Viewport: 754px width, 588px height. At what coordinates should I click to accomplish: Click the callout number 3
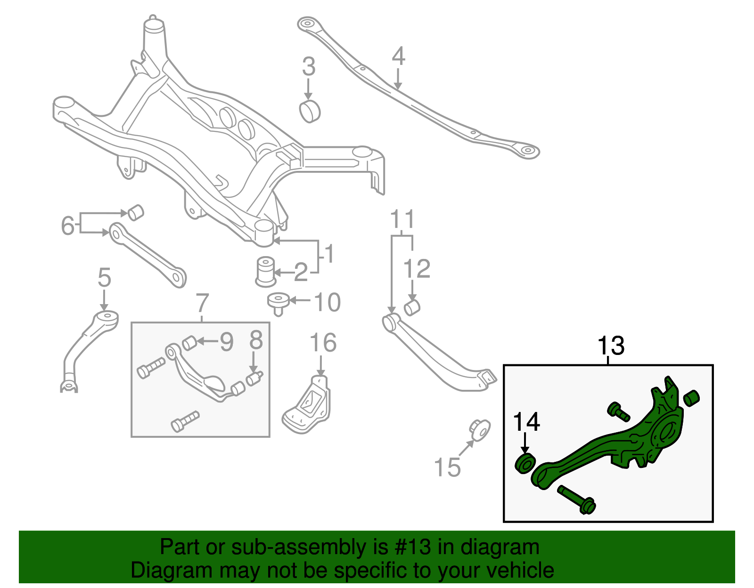(x=309, y=67)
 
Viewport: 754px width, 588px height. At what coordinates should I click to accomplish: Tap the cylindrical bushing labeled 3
(x=310, y=111)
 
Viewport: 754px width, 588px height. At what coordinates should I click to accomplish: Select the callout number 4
(x=398, y=56)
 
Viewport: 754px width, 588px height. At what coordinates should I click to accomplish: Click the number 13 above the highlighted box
(x=611, y=346)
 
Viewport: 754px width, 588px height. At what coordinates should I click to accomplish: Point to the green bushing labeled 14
(x=525, y=463)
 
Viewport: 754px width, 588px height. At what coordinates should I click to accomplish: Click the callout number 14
(x=526, y=422)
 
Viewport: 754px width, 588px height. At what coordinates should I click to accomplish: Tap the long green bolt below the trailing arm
(x=577, y=500)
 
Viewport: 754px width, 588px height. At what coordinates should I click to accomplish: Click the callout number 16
(x=323, y=343)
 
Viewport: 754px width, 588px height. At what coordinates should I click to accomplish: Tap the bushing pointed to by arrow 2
(x=266, y=272)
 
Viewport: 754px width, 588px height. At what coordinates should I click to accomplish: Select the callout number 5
(x=104, y=278)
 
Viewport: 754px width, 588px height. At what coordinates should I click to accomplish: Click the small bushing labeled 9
(x=189, y=343)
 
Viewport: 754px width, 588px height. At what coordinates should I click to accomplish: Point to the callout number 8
(x=256, y=340)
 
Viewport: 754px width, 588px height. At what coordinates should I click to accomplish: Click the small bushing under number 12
(x=412, y=308)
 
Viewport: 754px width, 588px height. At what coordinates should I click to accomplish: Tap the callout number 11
(x=402, y=220)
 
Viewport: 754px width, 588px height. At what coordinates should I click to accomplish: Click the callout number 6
(x=68, y=226)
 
